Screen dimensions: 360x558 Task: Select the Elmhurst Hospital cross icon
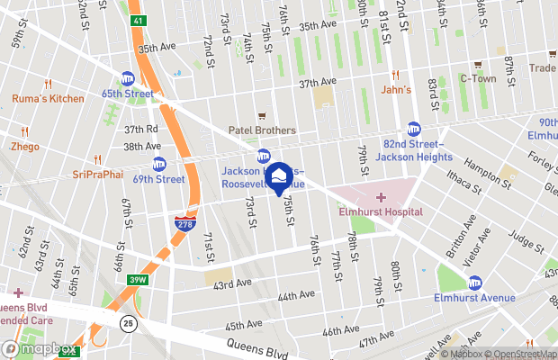point(380,197)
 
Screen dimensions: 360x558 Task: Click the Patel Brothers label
point(262,130)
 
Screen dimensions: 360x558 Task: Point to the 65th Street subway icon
point(128,78)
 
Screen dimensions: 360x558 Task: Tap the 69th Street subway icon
point(159,164)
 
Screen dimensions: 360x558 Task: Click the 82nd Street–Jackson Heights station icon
point(413,129)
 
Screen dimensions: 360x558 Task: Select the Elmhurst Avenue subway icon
point(475,283)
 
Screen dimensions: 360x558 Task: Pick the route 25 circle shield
point(129,323)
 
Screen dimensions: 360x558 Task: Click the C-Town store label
point(478,78)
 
